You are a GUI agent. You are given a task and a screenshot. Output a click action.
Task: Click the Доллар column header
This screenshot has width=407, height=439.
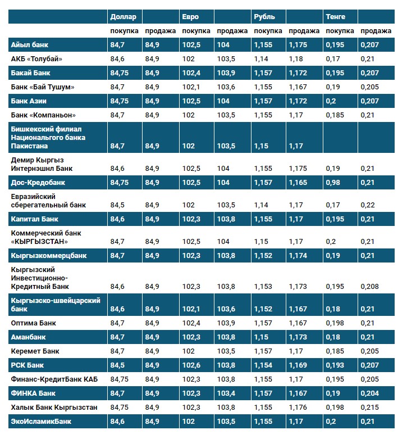point(122,17)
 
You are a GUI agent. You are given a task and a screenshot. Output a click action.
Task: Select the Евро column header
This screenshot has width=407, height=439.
point(190,17)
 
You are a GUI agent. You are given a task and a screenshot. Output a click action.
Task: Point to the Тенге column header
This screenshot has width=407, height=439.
point(336,17)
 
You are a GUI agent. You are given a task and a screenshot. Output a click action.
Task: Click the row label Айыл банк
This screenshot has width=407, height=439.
point(28,44)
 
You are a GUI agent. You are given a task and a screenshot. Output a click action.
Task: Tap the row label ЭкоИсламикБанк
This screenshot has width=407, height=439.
point(41,421)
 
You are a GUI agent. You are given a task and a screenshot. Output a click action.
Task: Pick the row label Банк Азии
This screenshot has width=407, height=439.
point(29,101)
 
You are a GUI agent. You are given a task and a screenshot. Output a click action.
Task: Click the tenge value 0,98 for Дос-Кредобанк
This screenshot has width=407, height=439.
point(333,183)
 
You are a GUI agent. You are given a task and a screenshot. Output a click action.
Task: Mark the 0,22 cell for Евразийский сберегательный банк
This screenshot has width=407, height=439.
point(367,205)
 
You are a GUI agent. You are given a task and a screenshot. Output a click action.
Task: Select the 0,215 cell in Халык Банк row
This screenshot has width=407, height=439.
point(370,407)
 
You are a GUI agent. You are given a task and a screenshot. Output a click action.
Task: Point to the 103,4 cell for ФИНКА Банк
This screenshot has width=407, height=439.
point(226,393)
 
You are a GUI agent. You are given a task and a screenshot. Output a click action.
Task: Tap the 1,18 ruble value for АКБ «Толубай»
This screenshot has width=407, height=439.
point(295,58)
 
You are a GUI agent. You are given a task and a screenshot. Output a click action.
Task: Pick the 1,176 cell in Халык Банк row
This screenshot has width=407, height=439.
point(298,407)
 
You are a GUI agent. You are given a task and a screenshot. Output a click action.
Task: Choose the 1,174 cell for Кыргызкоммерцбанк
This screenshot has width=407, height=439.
point(298,256)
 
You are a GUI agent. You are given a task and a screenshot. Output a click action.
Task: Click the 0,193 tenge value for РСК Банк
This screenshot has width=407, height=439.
point(335,365)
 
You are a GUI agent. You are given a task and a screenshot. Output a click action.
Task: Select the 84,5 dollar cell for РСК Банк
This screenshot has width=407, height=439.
point(118,365)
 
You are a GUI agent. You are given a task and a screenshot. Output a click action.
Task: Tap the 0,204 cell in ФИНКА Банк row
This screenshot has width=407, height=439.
point(370,393)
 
